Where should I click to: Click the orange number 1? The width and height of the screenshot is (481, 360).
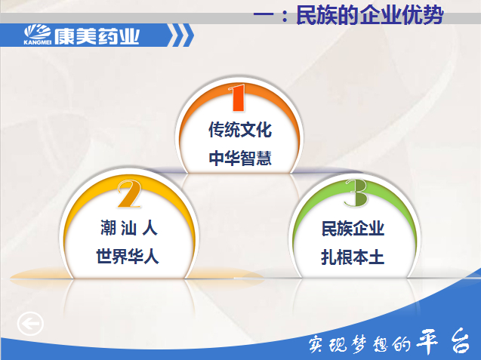pos(237,97)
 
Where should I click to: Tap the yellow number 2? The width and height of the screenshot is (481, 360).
pos(130,193)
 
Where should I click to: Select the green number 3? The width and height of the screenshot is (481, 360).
pos(356,192)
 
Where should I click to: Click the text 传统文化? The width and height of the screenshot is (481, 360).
pos(240,129)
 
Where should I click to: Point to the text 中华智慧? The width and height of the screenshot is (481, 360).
pos(240,158)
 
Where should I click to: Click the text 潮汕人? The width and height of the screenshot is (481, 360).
pos(129,228)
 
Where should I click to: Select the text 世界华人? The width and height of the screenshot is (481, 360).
pos(128,256)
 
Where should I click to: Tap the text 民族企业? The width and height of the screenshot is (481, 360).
pos(353,229)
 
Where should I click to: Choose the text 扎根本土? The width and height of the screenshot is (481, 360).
pos(353,257)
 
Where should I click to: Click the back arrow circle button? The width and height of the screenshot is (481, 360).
pos(30,324)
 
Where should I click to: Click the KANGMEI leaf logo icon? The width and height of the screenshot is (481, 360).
pos(38,32)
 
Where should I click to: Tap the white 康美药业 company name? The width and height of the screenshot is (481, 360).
pos(97,36)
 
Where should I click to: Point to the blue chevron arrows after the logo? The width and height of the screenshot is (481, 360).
pos(181,35)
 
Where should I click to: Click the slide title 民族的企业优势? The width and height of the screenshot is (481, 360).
pos(370,15)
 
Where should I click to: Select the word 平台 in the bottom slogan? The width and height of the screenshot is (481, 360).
pos(446,341)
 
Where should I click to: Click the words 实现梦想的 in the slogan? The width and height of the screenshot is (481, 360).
pos(359,343)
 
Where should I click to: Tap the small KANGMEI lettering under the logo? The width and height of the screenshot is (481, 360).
pos(38,42)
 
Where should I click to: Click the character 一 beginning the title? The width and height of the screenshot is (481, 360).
pos(264,16)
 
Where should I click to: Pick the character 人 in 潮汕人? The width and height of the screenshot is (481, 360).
pos(150,228)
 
